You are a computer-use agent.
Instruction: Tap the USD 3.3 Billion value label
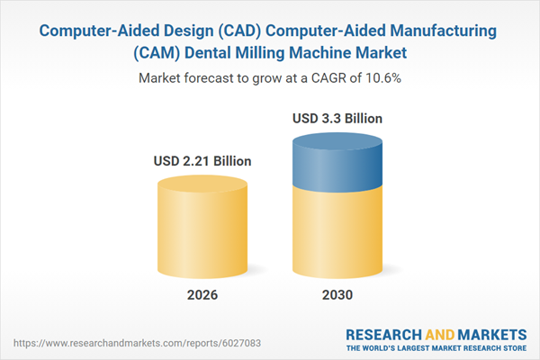pyautogui.click(x=338, y=118)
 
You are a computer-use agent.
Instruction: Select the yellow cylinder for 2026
pyautogui.click(x=202, y=225)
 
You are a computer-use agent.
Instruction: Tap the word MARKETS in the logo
pyautogui.click(x=491, y=333)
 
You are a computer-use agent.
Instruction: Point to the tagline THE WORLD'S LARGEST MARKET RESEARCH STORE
pyautogui.click(x=436, y=347)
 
